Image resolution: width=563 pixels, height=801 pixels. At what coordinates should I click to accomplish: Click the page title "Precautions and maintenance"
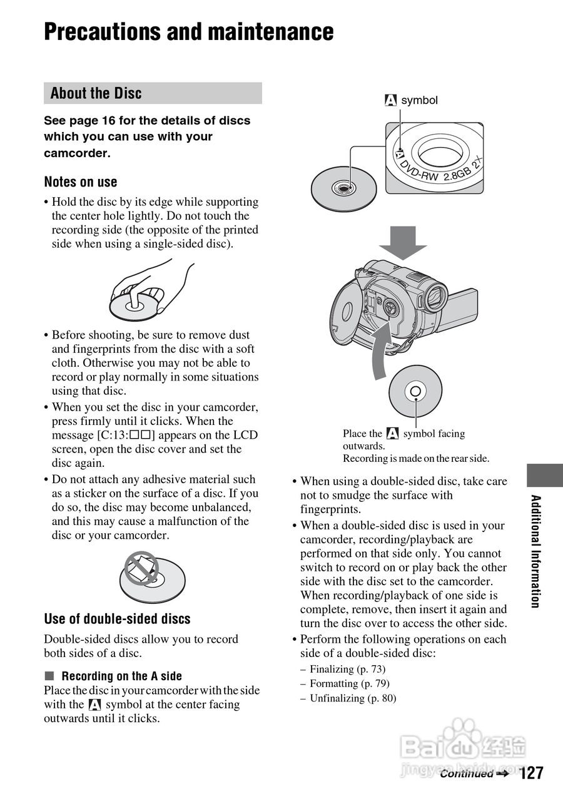(x=188, y=32)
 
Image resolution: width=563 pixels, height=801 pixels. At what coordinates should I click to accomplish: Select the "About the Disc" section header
(x=96, y=93)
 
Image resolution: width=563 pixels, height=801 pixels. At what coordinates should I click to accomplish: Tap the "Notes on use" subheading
(x=80, y=182)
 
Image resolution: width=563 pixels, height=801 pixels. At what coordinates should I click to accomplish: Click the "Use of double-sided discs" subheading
(x=117, y=619)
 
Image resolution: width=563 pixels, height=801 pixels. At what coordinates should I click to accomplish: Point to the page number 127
(x=531, y=773)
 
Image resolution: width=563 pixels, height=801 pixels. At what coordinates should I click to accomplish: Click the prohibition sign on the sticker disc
(x=140, y=568)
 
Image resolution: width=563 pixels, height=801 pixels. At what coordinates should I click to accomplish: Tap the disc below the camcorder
(x=415, y=392)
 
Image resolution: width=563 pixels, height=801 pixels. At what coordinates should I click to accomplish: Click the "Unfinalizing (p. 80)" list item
(x=353, y=698)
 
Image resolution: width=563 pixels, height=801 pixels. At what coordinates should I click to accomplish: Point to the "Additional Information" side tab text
(x=535, y=551)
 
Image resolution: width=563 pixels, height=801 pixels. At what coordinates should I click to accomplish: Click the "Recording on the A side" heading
(x=121, y=676)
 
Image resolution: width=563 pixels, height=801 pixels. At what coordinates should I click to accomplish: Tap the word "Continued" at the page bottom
(x=466, y=774)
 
